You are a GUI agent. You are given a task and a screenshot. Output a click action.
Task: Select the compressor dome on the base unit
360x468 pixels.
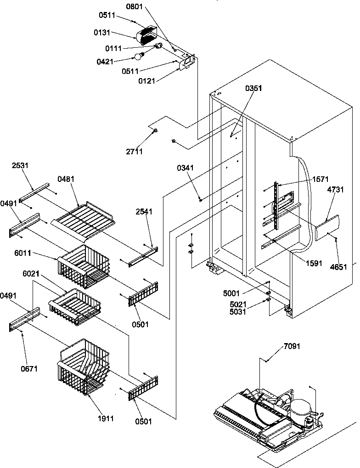point(300,407)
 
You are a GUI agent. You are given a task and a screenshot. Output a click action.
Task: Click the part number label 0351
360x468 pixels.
point(253,88)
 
